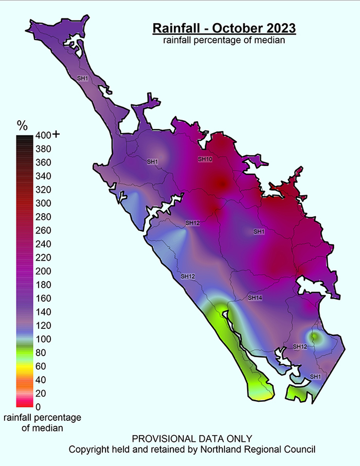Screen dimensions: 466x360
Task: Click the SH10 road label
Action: point(205,159)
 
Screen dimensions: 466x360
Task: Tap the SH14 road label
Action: point(255,298)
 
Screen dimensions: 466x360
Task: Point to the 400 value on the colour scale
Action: point(43,135)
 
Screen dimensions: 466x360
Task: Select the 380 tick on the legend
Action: point(43,149)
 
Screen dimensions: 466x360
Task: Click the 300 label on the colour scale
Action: point(43,203)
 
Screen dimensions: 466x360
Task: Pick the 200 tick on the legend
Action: point(43,271)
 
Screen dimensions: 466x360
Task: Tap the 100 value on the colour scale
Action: point(43,339)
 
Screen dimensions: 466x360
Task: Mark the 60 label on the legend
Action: point(41,366)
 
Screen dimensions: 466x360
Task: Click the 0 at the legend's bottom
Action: point(38,407)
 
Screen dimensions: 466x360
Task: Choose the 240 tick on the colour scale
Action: point(43,244)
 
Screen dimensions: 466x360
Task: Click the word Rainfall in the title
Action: point(176,28)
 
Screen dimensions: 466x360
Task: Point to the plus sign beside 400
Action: point(56,134)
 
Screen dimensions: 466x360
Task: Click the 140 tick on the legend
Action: point(43,312)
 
